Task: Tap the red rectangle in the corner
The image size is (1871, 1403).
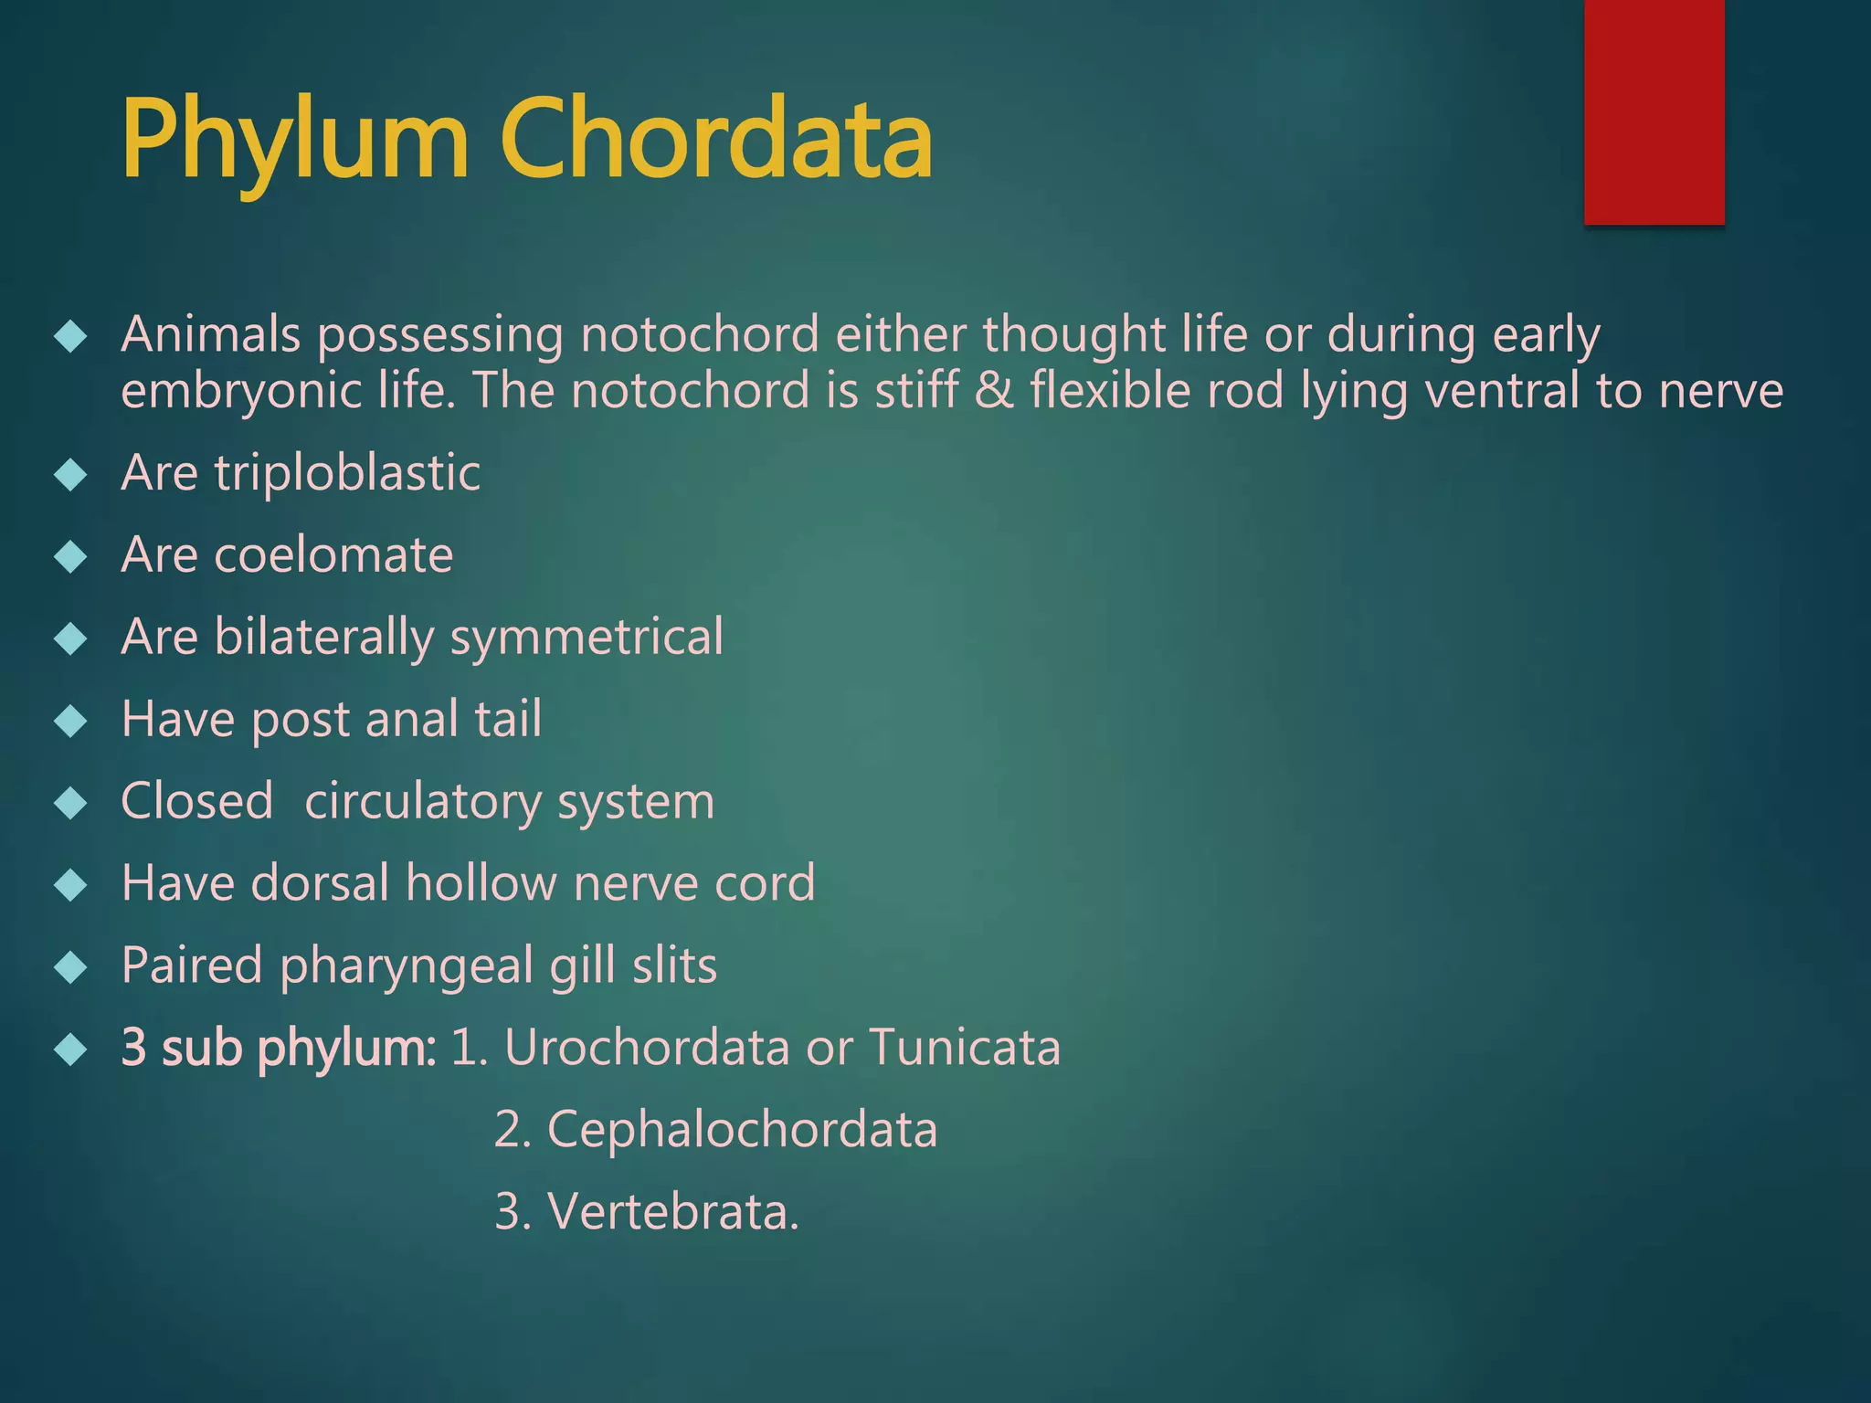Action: click(x=1654, y=111)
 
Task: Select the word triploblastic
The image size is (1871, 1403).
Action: click(x=347, y=473)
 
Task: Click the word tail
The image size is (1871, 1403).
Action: click(x=508, y=719)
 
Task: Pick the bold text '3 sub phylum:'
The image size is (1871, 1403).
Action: click(x=279, y=1048)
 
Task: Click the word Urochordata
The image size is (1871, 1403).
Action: click(x=646, y=1047)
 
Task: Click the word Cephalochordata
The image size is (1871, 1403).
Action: click(x=742, y=1129)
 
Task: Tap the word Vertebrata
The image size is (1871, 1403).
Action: click(x=672, y=1211)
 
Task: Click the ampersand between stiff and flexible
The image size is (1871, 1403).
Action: click(x=994, y=391)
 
